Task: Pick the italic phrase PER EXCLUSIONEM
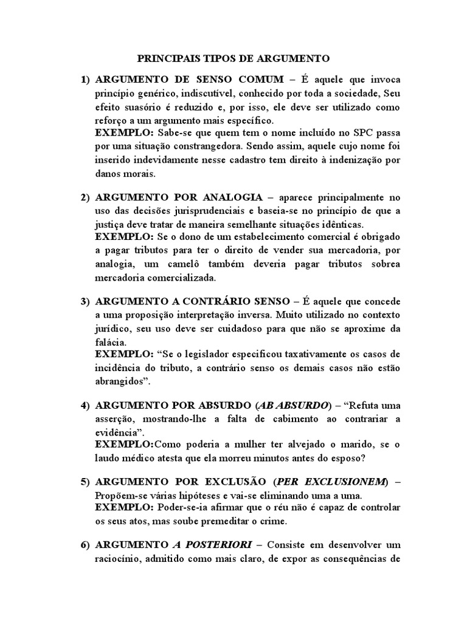(x=331, y=482)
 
